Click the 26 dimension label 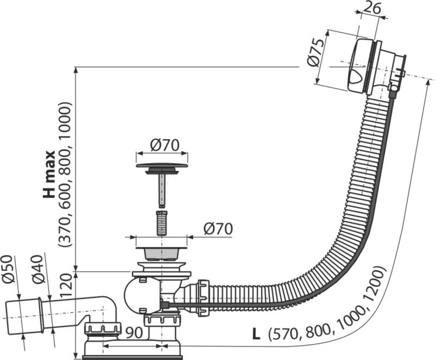click(x=372, y=8)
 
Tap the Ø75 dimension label click(x=316, y=53)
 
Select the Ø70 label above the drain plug click(x=165, y=145)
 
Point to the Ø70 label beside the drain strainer click(x=218, y=229)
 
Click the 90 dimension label click(x=134, y=333)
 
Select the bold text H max click(x=49, y=175)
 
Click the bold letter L click(x=256, y=334)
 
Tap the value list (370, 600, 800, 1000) click(x=65, y=175)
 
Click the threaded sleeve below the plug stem click(x=162, y=224)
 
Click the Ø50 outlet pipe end click(x=23, y=316)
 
